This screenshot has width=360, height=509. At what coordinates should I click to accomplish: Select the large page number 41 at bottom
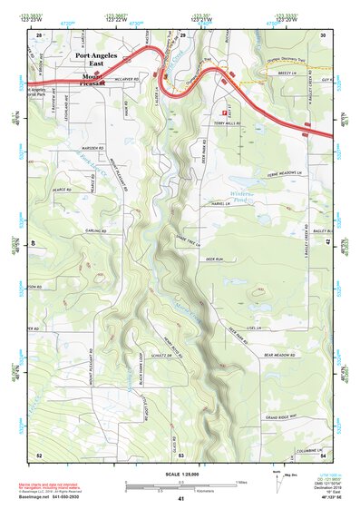click(x=181, y=499)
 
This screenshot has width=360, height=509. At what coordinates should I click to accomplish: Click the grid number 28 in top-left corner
click(x=38, y=34)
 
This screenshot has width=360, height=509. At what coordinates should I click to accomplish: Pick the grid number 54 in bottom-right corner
click(x=323, y=455)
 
